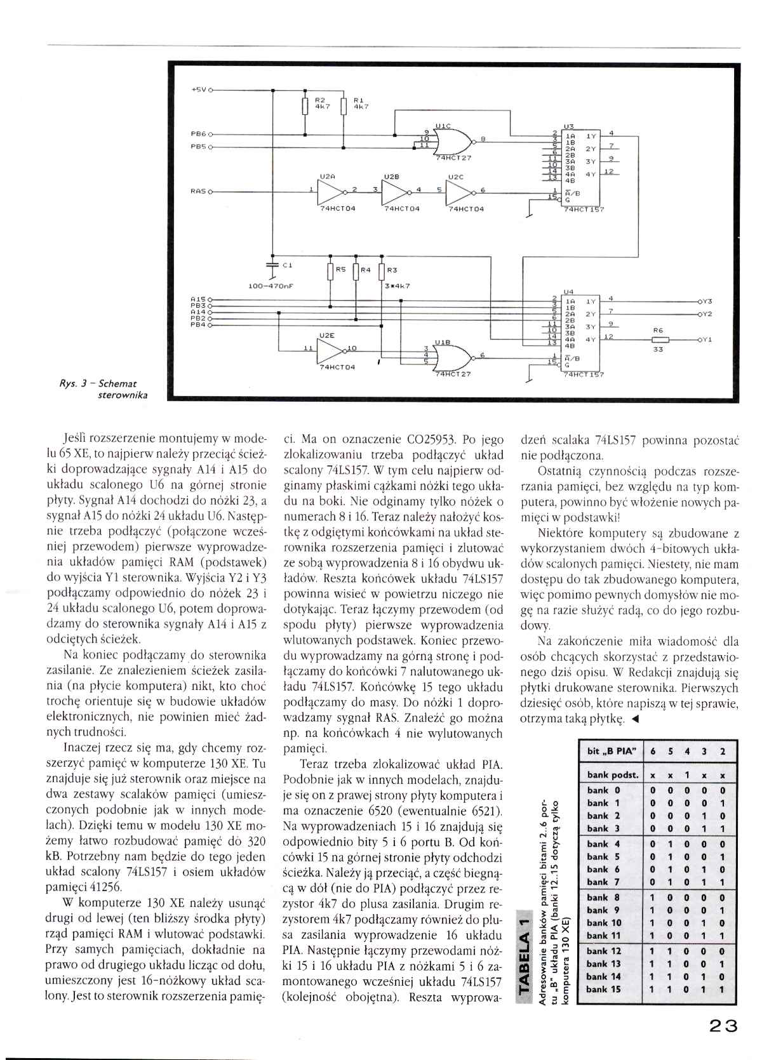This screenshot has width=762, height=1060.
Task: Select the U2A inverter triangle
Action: click(x=330, y=190)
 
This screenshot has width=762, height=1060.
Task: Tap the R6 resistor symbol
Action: click(x=657, y=340)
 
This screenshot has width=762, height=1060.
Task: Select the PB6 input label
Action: click(x=198, y=135)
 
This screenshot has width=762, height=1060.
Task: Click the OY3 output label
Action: click(x=705, y=301)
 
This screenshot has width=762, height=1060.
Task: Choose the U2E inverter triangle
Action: click(x=330, y=348)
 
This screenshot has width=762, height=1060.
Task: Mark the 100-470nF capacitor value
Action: click(x=269, y=286)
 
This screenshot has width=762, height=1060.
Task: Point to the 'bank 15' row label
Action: click(x=604, y=989)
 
